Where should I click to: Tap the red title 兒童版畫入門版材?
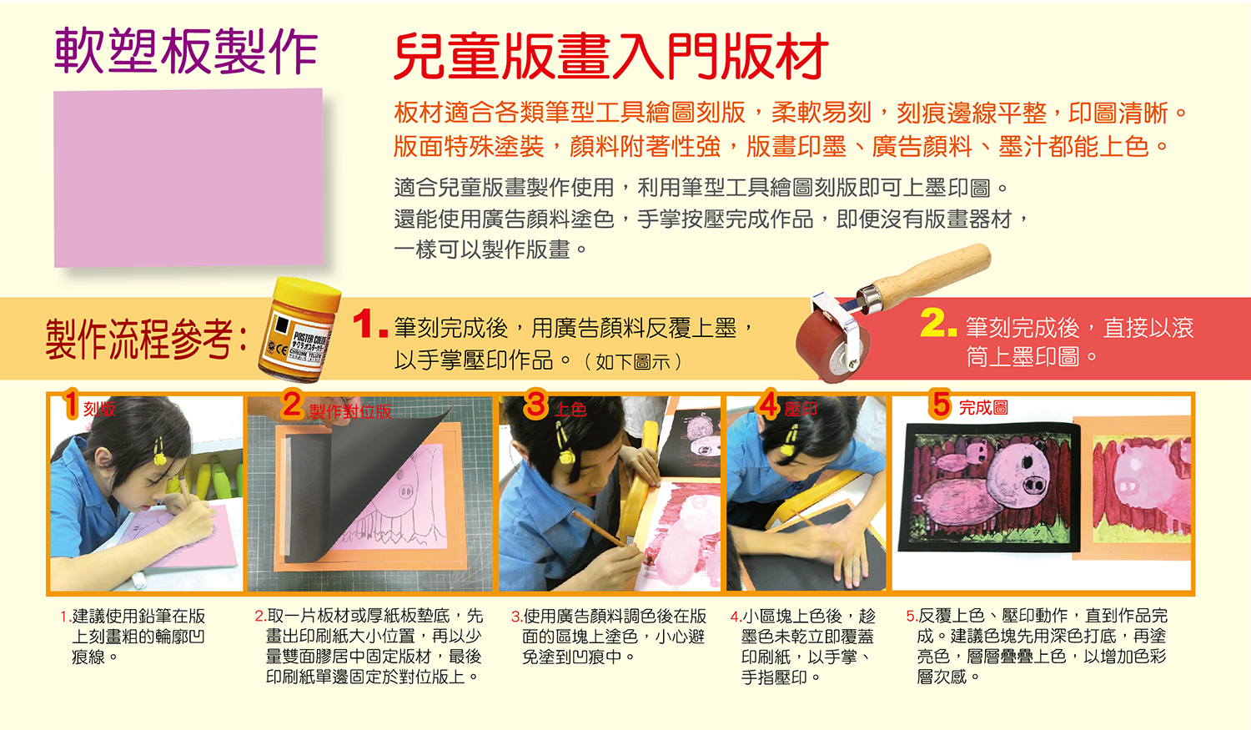pos(611,57)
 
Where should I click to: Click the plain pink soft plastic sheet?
pos(188,178)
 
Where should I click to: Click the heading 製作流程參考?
pos(146,339)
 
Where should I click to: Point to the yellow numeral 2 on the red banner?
pos(938,323)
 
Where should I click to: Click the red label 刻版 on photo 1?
pos(99,410)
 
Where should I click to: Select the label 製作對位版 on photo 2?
pos(350,411)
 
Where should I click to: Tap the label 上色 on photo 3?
pos(570,410)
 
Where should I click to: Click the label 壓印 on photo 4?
pos(801,410)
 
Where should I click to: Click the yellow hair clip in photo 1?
pos(160,452)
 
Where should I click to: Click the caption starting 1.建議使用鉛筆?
pos(133,637)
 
